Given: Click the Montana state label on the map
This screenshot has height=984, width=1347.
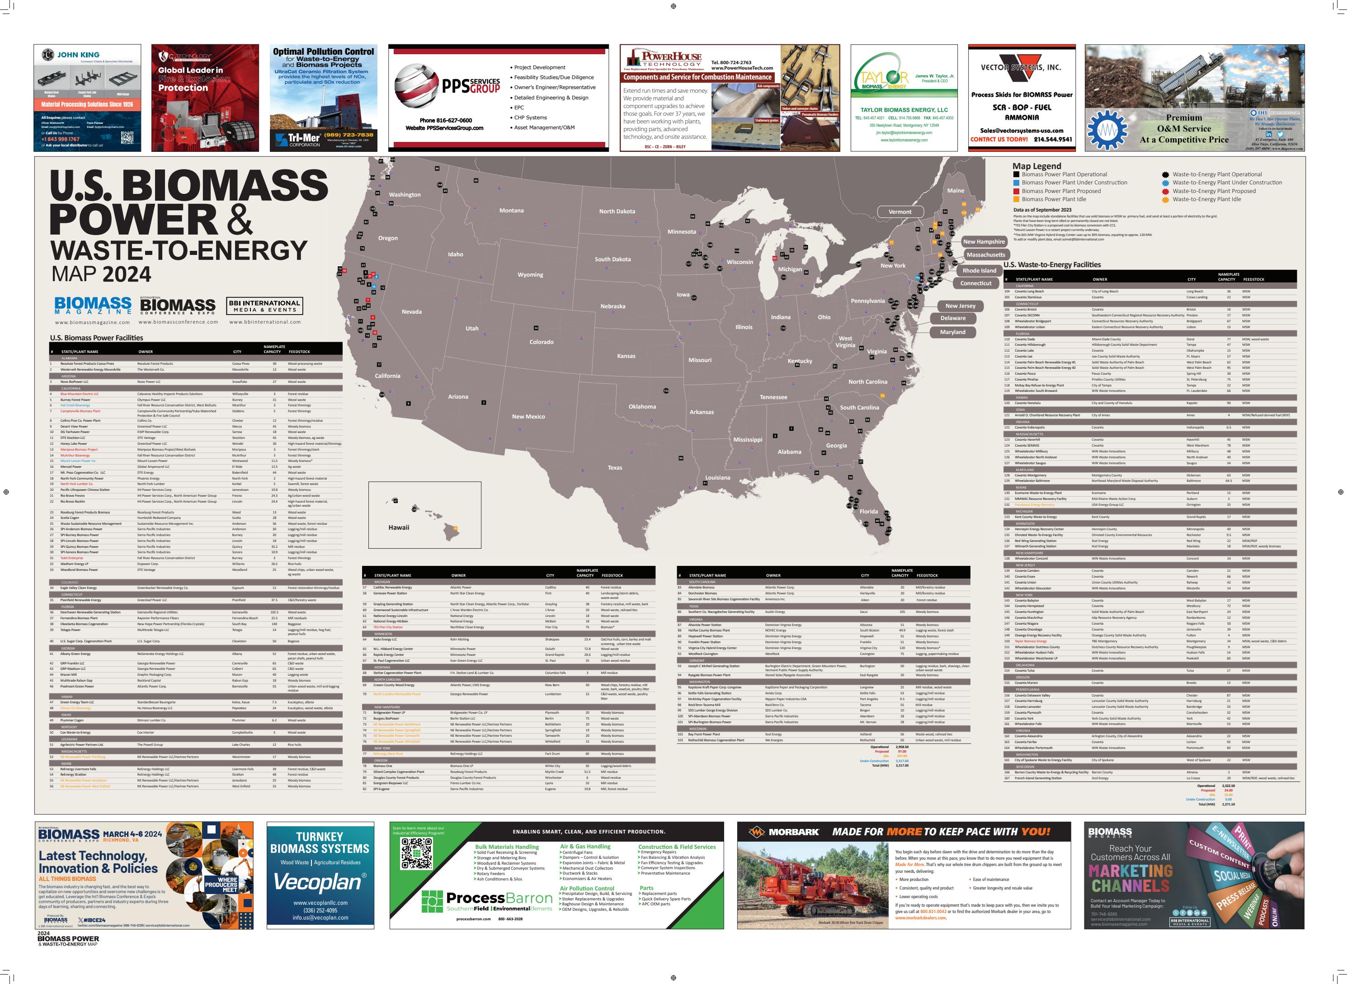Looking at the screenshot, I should click(x=511, y=210).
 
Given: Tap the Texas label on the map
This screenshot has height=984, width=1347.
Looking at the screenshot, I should click(x=615, y=467).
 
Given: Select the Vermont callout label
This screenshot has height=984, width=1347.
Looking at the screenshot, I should click(x=900, y=212).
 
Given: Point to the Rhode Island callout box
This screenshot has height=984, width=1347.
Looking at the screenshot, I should click(x=979, y=270).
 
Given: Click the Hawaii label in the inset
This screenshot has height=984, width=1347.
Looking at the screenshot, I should click(x=398, y=527).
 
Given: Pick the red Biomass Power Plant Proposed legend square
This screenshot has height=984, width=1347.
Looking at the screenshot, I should click(x=1016, y=191).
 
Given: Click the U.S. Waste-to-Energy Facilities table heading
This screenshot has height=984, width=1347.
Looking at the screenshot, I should click(x=1052, y=264).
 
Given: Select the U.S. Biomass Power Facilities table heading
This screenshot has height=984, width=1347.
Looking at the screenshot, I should click(x=96, y=338).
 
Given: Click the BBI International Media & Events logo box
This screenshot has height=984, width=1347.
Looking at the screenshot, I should click(x=264, y=306).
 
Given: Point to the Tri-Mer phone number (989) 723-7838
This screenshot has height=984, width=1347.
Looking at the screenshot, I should click(x=349, y=135).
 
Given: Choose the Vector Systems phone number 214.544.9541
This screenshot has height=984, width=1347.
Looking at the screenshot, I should click(x=1054, y=139).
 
